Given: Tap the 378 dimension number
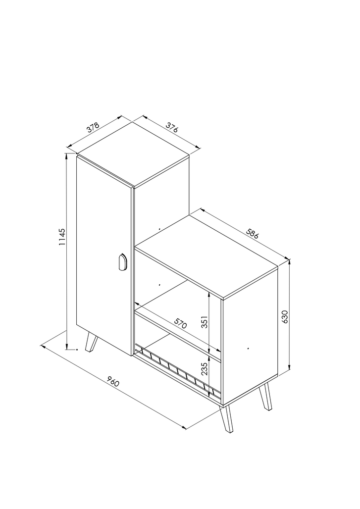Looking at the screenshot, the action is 93,128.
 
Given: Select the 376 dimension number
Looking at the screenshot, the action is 172,127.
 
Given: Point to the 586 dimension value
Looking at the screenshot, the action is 252,234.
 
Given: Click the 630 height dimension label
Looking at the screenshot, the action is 285,316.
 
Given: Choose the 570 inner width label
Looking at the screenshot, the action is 180,323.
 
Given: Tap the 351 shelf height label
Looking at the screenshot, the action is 204,322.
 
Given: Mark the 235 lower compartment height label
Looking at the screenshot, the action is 204,369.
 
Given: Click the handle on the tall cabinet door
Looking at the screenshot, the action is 122,262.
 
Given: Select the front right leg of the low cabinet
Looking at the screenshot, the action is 226,419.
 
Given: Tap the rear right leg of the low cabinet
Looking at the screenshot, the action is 265,397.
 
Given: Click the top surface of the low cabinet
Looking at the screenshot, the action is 206,256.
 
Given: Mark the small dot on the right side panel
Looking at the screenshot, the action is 248,348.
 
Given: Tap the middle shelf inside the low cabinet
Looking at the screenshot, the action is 178,334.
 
